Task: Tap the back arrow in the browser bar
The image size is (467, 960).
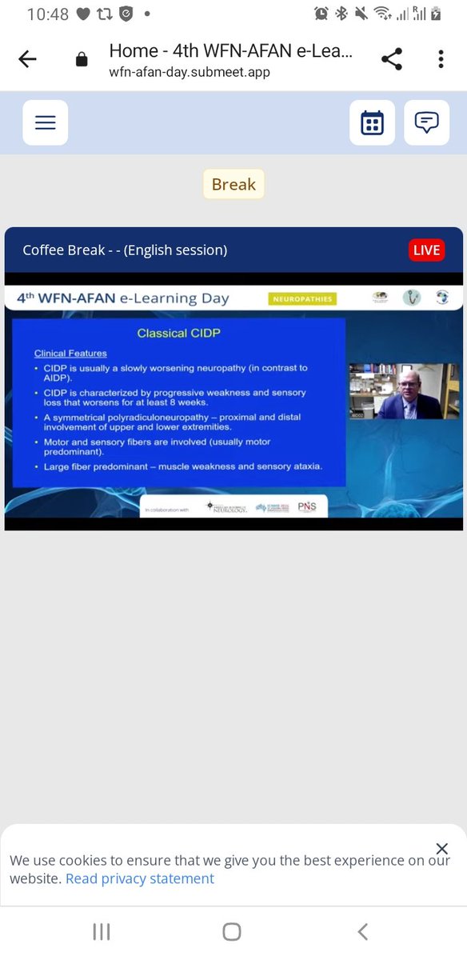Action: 27,60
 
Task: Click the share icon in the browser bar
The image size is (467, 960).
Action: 391,59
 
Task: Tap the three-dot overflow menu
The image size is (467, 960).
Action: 441,59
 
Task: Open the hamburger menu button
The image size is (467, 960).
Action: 46,122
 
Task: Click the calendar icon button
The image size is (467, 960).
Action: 372,122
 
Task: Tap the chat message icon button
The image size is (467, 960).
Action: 426,122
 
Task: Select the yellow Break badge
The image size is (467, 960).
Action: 233,185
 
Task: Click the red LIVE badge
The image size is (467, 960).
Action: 426,250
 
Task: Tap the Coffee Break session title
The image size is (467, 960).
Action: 125,250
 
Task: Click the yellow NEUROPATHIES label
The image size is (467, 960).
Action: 302,298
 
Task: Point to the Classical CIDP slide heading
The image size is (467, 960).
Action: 178,333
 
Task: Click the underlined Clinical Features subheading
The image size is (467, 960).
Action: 70,353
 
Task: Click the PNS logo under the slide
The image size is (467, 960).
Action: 307,507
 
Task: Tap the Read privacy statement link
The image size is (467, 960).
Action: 140,878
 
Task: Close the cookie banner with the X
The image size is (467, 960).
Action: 442,849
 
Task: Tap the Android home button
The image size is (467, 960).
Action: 232,931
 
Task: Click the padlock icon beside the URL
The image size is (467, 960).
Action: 81,60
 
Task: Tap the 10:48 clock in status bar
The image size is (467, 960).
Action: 49,14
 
